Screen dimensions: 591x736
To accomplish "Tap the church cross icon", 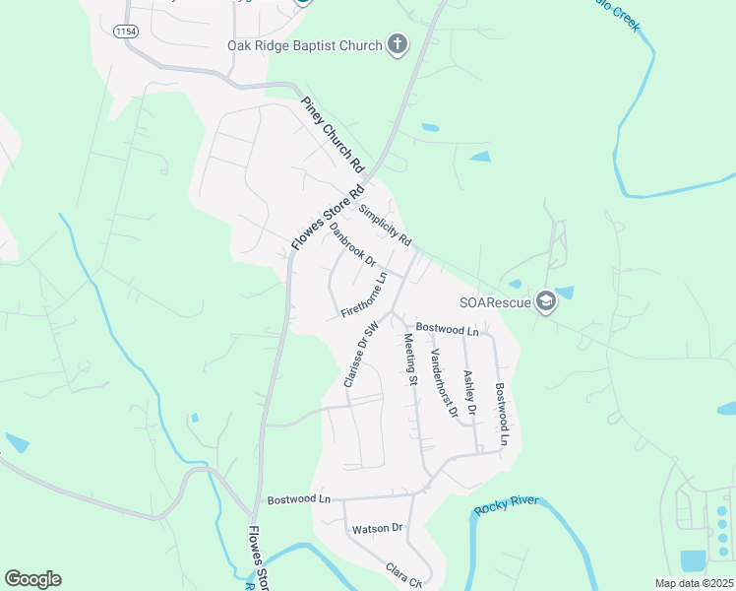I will (x=397, y=43).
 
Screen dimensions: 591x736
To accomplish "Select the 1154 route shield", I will (x=125, y=32).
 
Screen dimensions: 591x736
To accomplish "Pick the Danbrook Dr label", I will (x=353, y=244).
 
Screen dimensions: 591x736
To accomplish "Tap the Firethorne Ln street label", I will (x=365, y=295).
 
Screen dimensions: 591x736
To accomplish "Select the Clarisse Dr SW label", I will (x=361, y=355).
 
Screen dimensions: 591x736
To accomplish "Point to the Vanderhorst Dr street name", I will (x=444, y=384).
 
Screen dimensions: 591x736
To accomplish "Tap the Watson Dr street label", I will (x=379, y=528).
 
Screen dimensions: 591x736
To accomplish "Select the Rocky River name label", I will (x=507, y=504).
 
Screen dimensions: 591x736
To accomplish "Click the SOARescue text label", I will (x=495, y=302).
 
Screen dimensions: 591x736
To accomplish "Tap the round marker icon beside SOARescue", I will (x=546, y=302).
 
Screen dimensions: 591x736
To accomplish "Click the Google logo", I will (x=32, y=579).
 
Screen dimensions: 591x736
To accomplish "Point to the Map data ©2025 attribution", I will (x=694, y=583).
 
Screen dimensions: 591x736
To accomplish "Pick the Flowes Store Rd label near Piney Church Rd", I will (x=329, y=216).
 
